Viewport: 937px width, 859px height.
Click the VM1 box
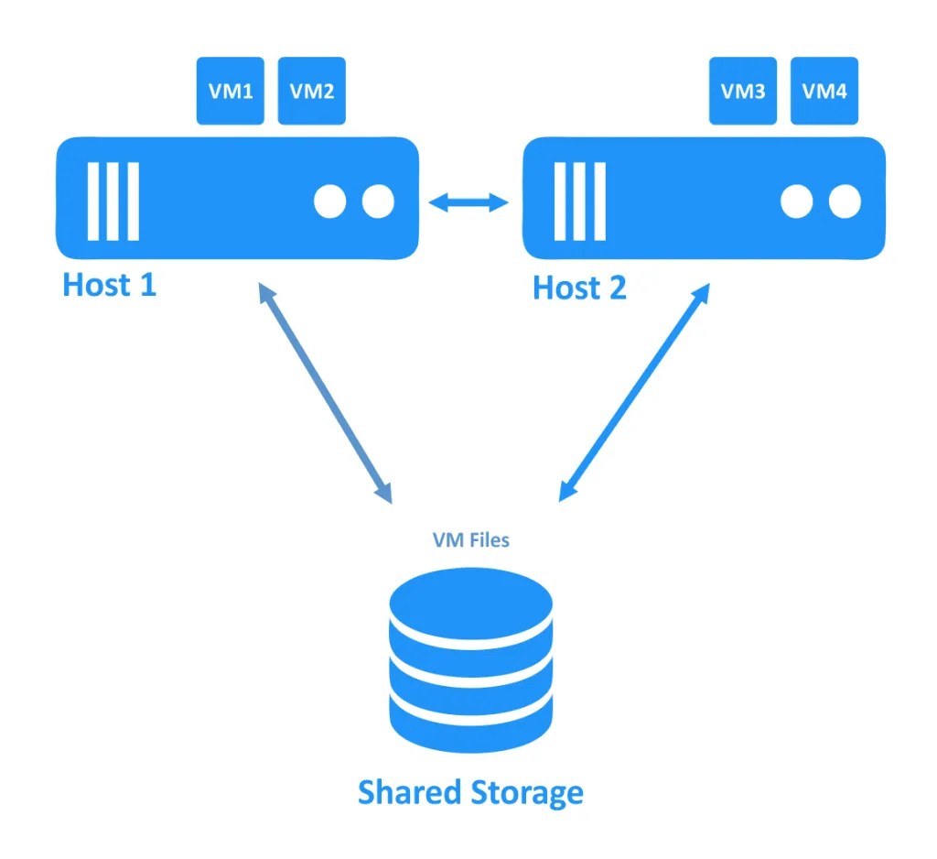[231, 91]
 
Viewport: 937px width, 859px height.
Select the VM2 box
[311, 91]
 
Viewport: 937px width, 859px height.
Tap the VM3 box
[743, 91]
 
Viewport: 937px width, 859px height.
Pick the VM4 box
[824, 91]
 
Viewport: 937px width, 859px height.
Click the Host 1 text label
[109, 285]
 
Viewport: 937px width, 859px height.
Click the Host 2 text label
[579, 288]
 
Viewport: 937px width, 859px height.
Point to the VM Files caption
[470, 540]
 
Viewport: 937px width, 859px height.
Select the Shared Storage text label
[470, 791]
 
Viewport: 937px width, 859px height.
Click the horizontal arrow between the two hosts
[469, 202]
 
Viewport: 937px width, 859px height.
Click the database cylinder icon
[470, 659]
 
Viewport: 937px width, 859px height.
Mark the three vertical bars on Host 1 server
[113, 201]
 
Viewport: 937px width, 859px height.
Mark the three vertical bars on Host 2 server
[579, 201]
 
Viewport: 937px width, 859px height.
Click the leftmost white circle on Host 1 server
[330, 202]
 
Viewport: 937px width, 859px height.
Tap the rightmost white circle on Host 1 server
[377, 202]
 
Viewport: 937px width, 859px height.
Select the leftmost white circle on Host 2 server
[797, 202]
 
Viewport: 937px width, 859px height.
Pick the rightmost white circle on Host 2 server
[845, 202]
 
